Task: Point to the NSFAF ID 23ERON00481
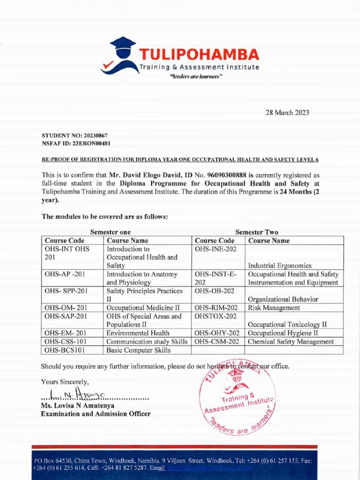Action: click(93, 142)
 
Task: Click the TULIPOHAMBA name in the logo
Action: click(199, 54)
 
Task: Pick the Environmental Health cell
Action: click(138, 333)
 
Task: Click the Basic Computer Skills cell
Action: click(138, 350)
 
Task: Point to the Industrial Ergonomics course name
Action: click(280, 266)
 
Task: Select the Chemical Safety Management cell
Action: click(291, 342)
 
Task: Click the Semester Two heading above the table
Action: click(256, 232)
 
